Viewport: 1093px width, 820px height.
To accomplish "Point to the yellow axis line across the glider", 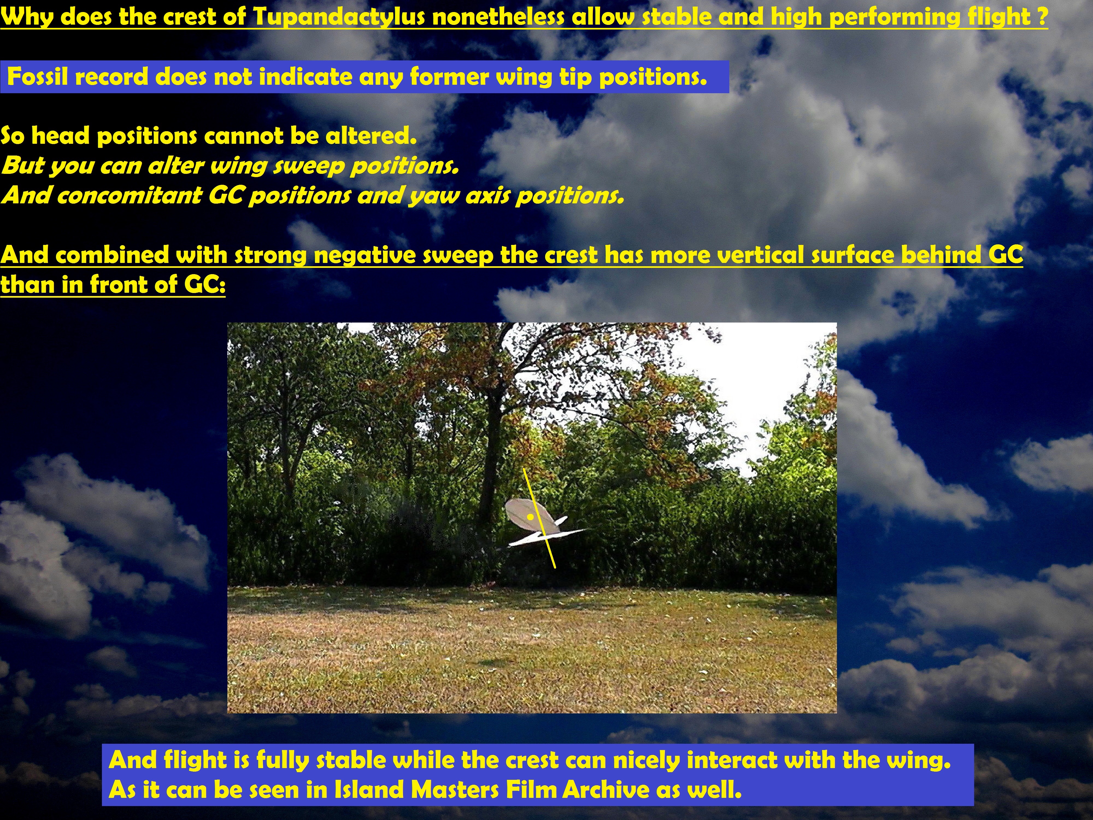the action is [x=540, y=518].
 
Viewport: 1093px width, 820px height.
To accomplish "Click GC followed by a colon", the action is [x=205, y=285].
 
